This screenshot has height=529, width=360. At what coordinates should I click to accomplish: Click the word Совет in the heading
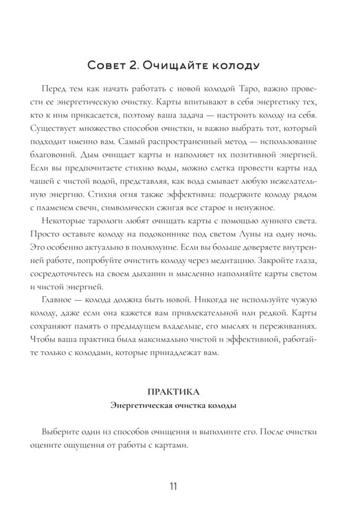[106, 67]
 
